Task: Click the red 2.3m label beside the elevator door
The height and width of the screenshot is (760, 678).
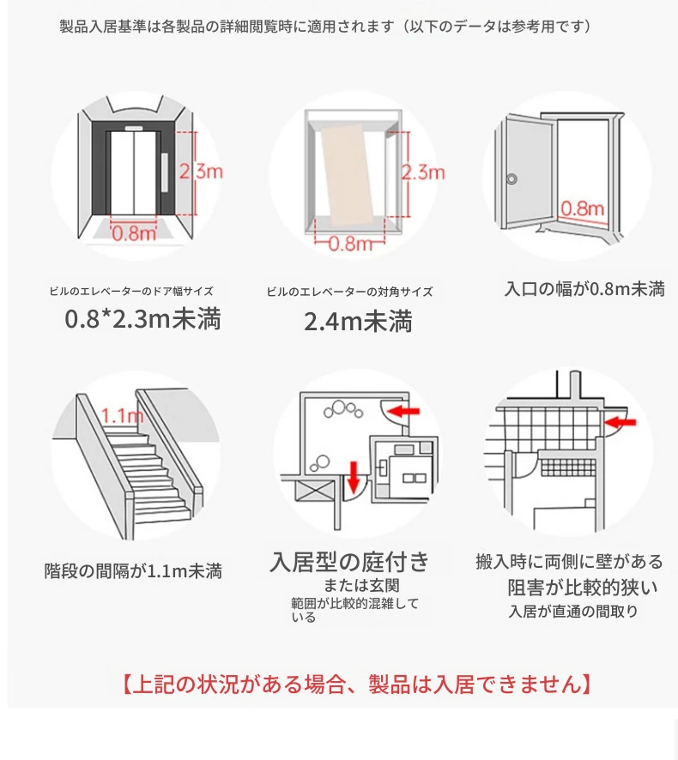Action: [201, 172]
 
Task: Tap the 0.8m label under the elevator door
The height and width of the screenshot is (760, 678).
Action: [134, 234]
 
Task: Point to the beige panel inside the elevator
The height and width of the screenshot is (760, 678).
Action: [348, 174]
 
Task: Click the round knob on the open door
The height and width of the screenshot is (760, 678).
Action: [512, 179]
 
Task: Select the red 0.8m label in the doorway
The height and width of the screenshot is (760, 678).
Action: [583, 209]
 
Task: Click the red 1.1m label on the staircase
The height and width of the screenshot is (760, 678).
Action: [122, 415]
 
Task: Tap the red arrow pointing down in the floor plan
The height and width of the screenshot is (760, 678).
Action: [354, 477]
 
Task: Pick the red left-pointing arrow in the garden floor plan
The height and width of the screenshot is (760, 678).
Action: [403, 412]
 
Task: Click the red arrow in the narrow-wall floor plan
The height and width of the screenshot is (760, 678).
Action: [620, 422]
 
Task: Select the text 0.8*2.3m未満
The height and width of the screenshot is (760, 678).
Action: [142, 319]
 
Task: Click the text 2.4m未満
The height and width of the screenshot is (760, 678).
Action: [358, 322]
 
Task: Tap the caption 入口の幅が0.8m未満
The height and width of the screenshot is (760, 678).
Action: [584, 289]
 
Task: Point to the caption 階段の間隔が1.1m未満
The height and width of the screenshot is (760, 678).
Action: [133, 571]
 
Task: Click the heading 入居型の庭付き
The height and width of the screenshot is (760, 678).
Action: [349, 562]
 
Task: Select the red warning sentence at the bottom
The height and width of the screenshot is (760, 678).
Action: [356, 685]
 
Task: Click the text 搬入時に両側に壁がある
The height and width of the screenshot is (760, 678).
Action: [569, 561]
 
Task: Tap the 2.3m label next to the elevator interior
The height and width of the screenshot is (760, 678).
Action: [423, 172]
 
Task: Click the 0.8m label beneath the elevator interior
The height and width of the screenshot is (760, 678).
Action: [350, 244]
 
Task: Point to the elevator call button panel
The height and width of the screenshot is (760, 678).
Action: [165, 172]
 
